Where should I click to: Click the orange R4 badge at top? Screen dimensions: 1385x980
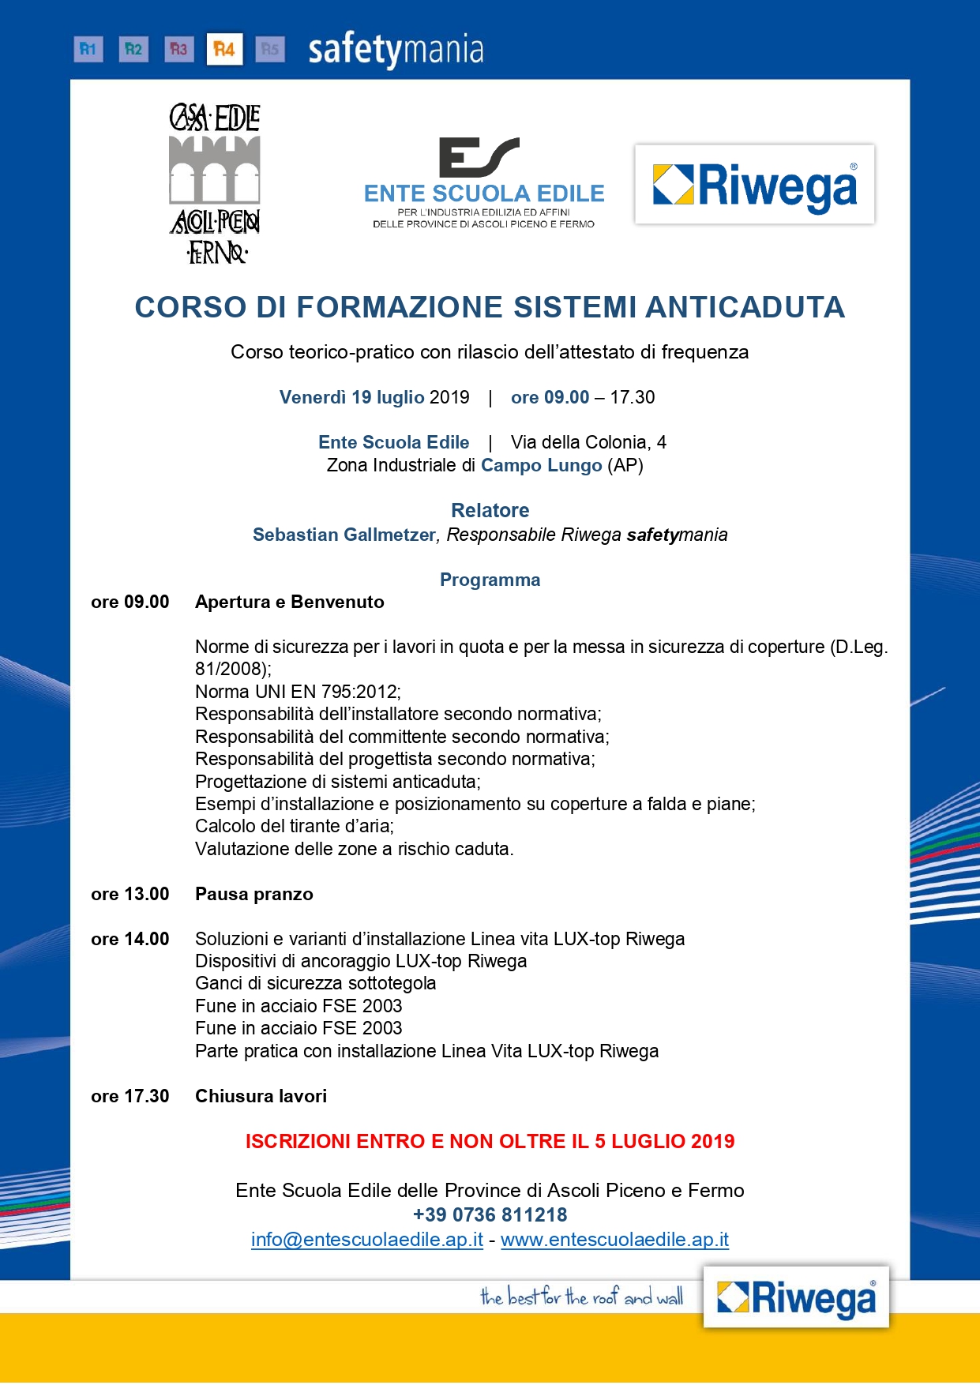coord(224,50)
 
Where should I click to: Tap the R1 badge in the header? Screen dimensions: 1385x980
coord(88,50)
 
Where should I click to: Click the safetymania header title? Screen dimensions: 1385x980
coord(395,51)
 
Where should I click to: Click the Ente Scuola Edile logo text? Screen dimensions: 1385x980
coord(484,193)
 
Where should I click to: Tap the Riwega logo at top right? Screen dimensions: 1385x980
coord(754,185)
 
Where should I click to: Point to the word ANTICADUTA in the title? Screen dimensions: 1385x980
coord(745,307)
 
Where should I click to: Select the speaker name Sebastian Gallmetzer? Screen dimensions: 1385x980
coord(344,535)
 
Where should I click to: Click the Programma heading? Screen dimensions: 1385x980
coord(490,580)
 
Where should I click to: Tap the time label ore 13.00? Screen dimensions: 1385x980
coord(130,894)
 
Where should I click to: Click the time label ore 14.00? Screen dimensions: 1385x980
coord(130,939)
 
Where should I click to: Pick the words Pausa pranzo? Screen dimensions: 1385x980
coord(254,894)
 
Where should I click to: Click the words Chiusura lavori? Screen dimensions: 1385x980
coord(261,1096)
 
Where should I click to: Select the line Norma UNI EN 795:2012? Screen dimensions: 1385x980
coord(298,692)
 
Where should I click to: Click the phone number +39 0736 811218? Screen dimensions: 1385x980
coord(490,1214)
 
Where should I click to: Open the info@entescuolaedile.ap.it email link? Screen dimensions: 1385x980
coord(367,1240)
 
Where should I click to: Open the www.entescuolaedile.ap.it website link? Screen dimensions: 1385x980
coord(614,1240)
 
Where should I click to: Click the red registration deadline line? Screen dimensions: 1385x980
coord(490,1141)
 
